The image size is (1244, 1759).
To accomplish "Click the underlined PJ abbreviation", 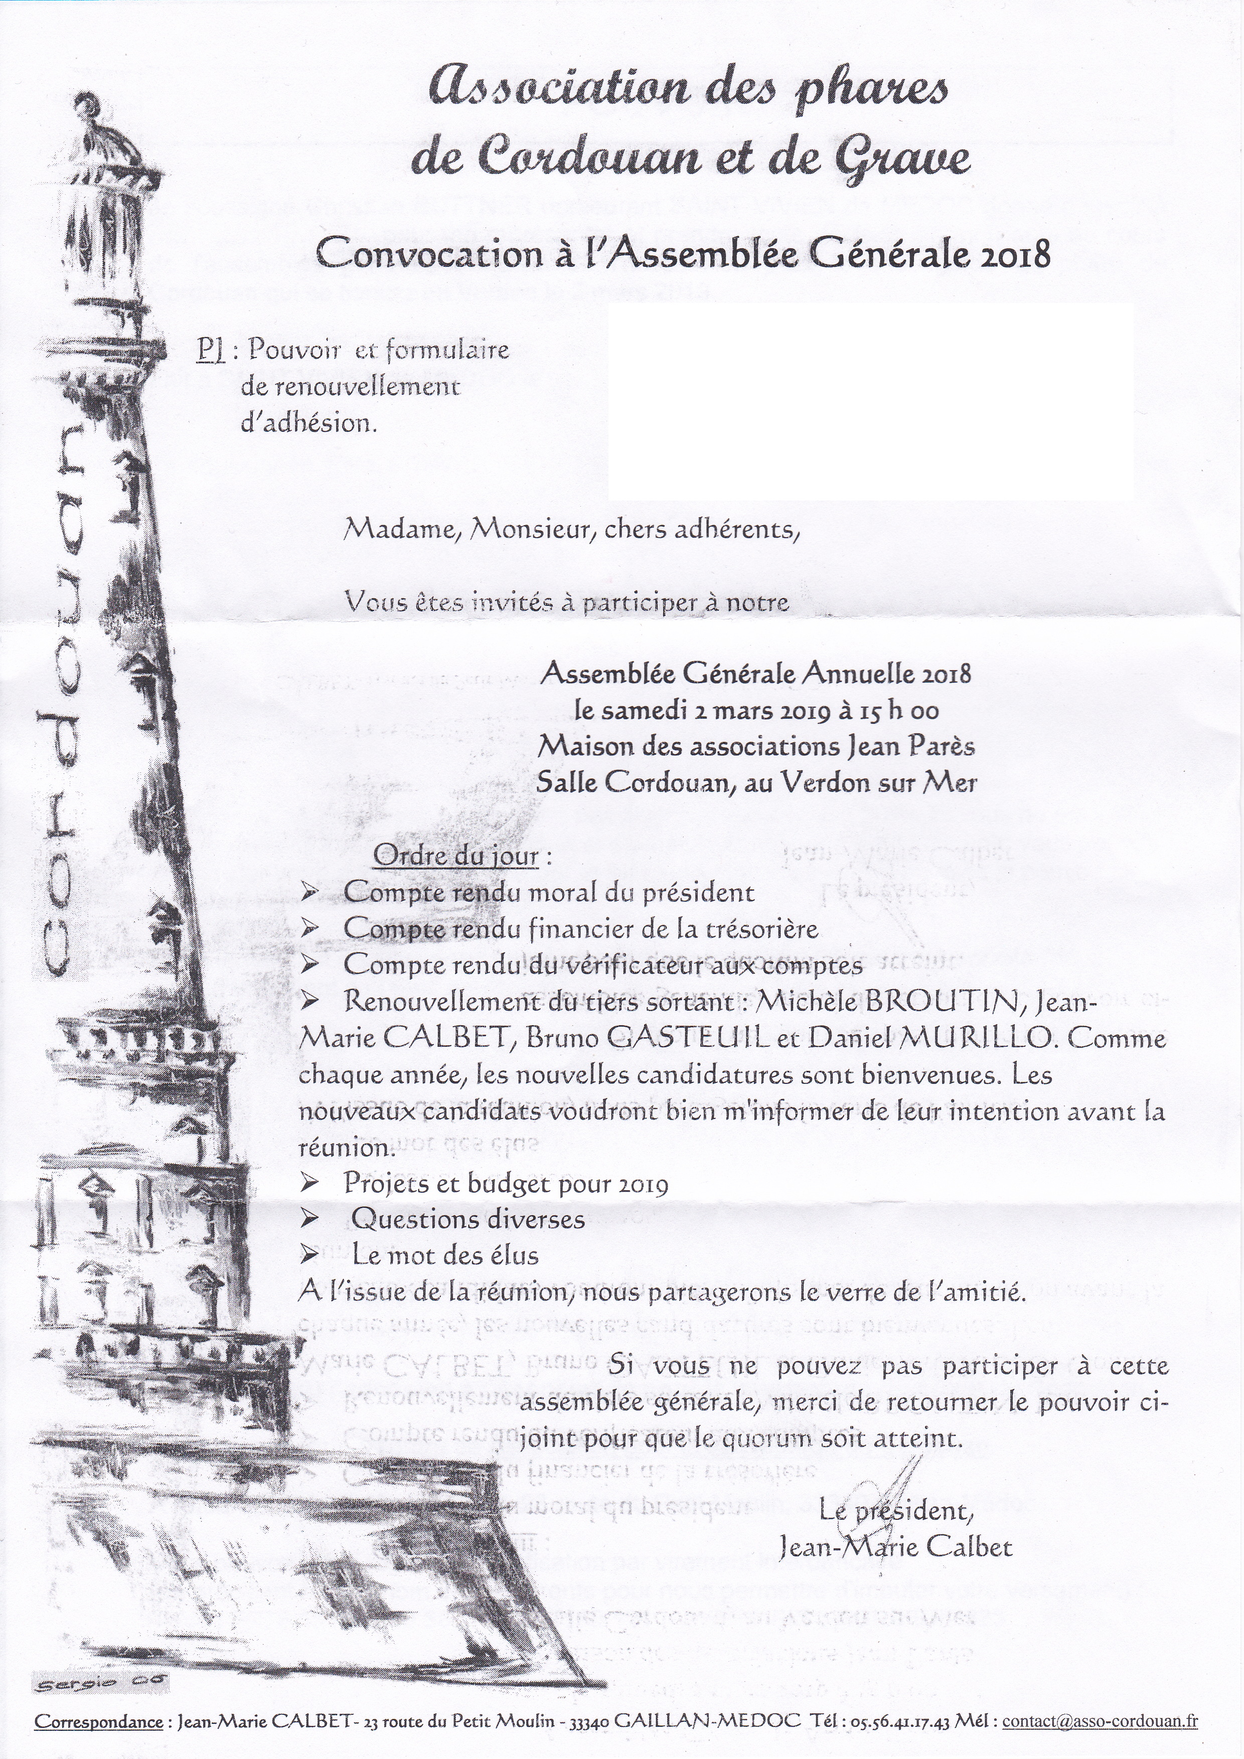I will pos(210,352).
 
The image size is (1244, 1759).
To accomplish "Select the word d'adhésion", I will pos(308,423).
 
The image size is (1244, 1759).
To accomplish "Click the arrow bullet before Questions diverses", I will pos(309,1219).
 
